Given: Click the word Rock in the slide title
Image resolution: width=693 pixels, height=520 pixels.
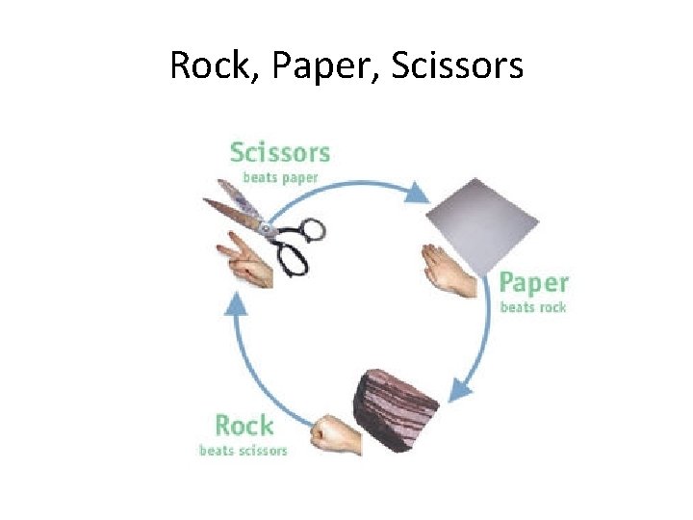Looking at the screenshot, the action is point(204,65).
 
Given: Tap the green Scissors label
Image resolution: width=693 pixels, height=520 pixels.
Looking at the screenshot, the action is point(280,152).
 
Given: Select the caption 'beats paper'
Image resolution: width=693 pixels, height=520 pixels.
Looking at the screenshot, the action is point(279,177).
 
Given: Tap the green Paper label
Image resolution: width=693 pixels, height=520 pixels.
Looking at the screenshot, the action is point(533,284).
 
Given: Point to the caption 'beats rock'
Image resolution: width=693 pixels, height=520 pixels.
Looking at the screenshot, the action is point(533,307).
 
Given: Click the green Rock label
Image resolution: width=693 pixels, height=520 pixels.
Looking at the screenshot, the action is point(244,426).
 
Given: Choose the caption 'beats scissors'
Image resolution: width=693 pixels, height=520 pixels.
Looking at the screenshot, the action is point(243,450).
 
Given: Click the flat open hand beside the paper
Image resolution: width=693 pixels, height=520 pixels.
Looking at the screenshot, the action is point(449,272).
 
